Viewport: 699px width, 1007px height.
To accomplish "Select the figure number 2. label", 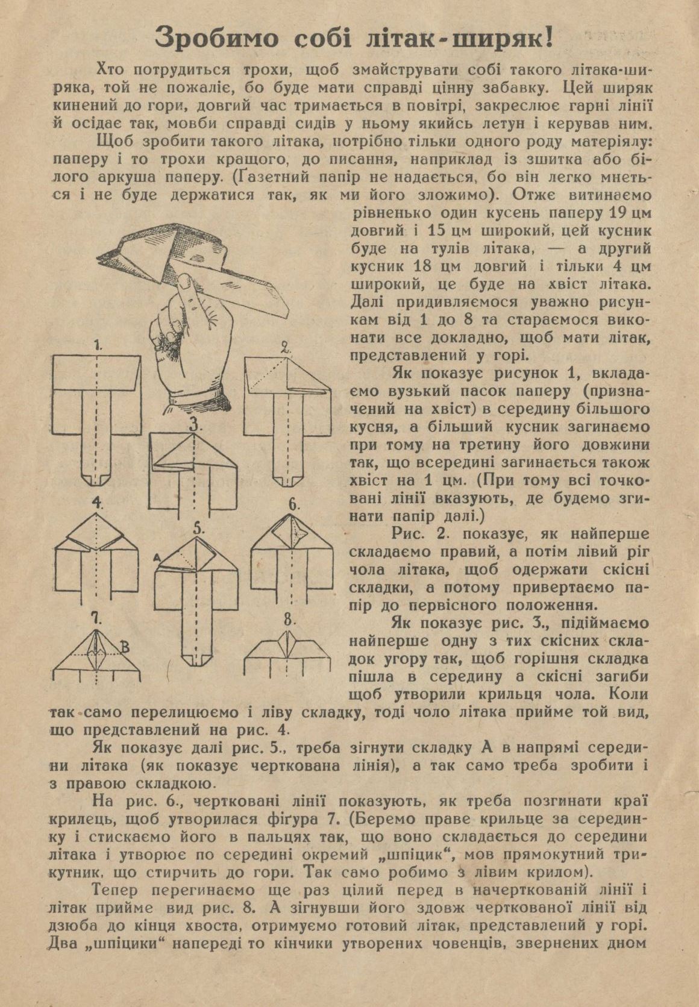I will point(286,348).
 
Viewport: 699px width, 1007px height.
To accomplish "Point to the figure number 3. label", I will point(195,424).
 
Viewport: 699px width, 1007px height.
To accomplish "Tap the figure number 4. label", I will point(98,503).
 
